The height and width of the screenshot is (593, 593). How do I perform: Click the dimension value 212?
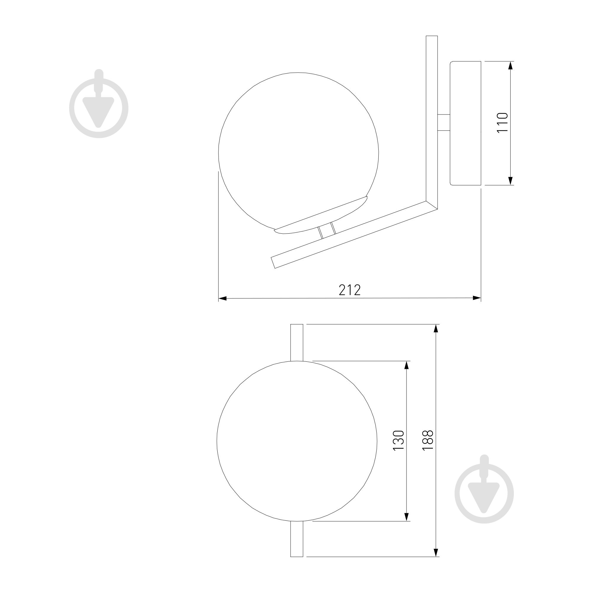click(x=350, y=290)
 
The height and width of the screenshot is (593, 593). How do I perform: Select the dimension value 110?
click(x=503, y=122)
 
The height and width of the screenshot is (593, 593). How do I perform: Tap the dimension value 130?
click(x=399, y=441)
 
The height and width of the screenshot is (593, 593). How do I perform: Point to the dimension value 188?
click(x=428, y=441)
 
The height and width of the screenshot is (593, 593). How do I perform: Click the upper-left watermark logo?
click(x=99, y=103)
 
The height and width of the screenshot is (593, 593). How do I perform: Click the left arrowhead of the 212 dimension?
click(x=222, y=298)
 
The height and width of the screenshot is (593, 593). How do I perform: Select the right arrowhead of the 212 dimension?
click(x=477, y=298)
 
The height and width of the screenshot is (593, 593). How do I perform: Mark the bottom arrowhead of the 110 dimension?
click(x=511, y=181)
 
